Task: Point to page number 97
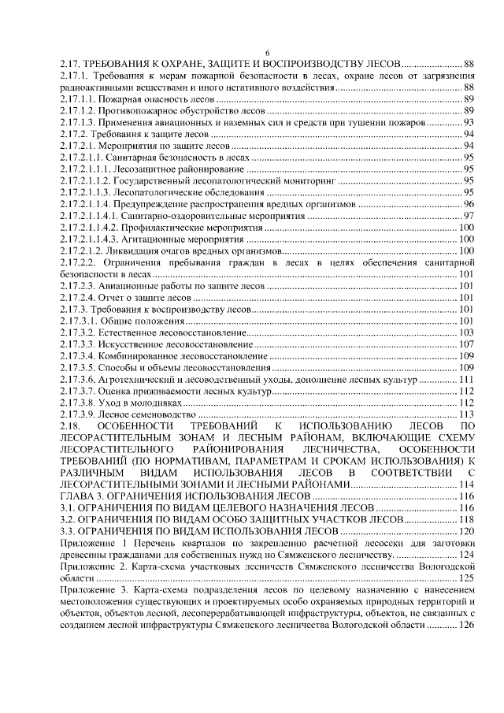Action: coord(468,216)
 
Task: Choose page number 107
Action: coord(465,344)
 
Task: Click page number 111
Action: coord(465,380)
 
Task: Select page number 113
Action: coord(465,414)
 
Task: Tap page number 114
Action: coord(465,485)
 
